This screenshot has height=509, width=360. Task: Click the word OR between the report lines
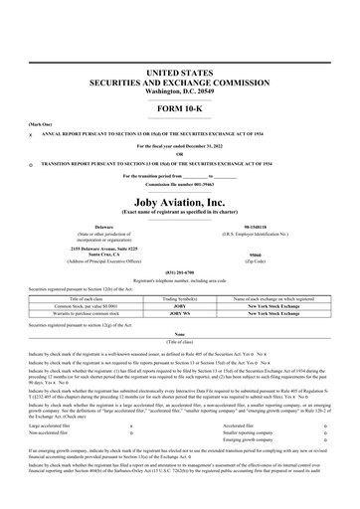point(180,153)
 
